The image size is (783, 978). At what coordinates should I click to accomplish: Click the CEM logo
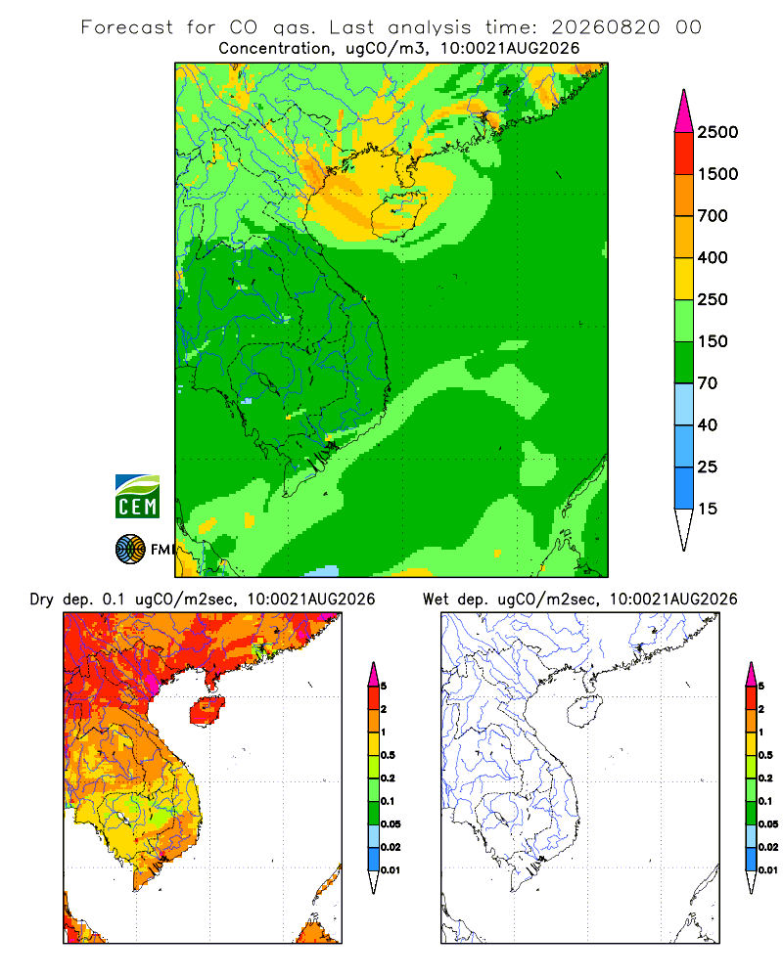(x=137, y=497)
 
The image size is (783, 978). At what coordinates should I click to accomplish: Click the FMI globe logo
(x=130, y=550)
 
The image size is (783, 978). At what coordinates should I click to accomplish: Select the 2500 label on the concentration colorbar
(x=717, y=132)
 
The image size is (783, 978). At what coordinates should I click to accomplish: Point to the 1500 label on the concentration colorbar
(x=717, y=174)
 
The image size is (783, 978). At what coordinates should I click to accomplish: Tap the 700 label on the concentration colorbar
(x=713, y=216)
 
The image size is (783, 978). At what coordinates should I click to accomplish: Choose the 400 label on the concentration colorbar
(x=713, y=257)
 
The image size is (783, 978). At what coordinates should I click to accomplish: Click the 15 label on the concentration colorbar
(x=708, y=509)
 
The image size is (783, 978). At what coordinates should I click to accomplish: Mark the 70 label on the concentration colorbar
(x=708, y=383)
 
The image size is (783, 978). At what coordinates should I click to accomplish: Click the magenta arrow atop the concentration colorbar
(x=684, y=112)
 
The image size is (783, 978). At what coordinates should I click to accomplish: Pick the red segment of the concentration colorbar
(x=684, y=154)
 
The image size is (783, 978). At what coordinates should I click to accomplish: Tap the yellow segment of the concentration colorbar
(x=684, y=279)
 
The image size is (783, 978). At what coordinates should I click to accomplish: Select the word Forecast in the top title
(x=127, y=27)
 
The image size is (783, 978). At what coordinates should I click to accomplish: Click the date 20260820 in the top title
(x=605, y=27)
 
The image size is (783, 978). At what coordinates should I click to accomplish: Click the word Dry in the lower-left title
(x=42, y=600)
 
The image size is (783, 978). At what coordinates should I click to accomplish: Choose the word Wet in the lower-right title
(x=436, y=600)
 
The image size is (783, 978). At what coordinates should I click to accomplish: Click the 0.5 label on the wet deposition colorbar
(x=765, y=755)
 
